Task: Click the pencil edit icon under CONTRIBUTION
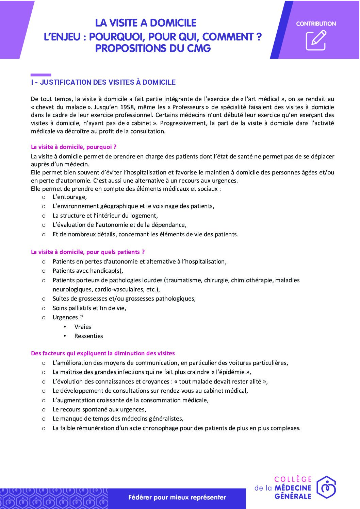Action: pos(316,40)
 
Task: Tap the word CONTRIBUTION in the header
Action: pos(316,24)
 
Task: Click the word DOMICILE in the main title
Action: pos(173,23)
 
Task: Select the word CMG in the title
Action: pos(199,49)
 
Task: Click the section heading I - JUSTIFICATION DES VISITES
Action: pos(103,82)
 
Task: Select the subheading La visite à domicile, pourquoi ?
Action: pos(73,147)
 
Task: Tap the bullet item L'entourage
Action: pos(69,197)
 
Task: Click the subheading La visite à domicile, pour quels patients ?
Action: pos(87,252)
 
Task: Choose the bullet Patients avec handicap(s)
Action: pos(87,271)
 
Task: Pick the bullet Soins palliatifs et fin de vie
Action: pos(89,308)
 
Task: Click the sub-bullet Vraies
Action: pos(83,327)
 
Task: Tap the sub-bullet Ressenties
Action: pos(88,336)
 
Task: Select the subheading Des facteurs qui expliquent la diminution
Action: pos(103,353)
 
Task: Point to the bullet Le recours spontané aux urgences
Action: pos(99,409)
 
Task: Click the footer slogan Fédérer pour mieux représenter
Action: pos(177,497)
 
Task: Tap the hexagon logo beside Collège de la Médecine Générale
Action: pos(326,487)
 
